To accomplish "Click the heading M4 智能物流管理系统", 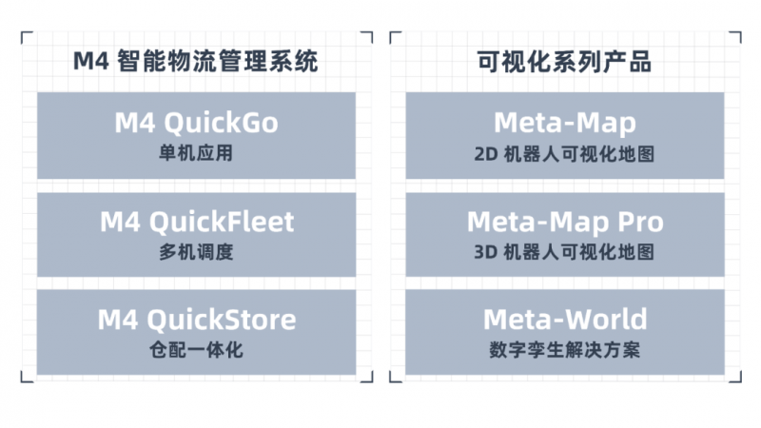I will (x=196, y=63).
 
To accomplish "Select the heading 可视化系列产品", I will (x=564, y=63).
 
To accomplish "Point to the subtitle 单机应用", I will (x=196, y=153).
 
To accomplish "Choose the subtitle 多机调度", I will (x=196, y=252).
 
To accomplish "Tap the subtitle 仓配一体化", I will (x=196, y=350).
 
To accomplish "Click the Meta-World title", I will (x=565, y=320).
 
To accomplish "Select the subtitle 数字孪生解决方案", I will (x=565, y=350).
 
